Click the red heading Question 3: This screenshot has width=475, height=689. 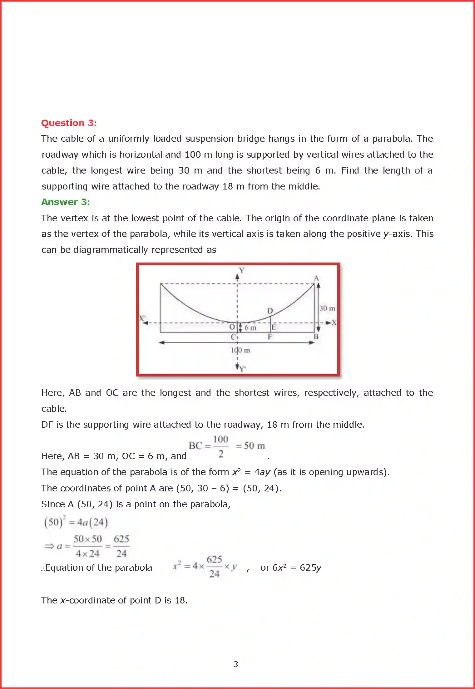pyautogui.click(x=69, y=123)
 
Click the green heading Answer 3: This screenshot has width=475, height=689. pyautogui.click(x=66, y=202)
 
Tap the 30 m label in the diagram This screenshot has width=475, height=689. pyautogui.click(x=327, y=308)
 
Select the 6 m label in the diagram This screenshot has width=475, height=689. pyautogui.click(x=250, y=328)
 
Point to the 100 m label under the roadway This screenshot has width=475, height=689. pyautogui.click(x=240, y=350)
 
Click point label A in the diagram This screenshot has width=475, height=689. pyautogui.click(x=316, y=278)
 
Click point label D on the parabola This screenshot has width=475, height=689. pyautogui.click(x=270, y=311)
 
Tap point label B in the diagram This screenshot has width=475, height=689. pyautogui.click(x=316, y=337)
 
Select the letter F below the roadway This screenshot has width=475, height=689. pyautogui.click(x=270, y=337)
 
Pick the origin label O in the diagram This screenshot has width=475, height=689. pyautogui.click(x=232, y=327)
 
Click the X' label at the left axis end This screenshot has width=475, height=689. pyautogui.click(x=142, y=318)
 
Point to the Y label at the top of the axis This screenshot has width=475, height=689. pyautogui.click(x=241, y=270)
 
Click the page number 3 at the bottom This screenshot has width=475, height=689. pyautogui.click(x=235, y=664)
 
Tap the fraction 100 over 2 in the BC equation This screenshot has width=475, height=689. pyautogui.click(x=220, y=446)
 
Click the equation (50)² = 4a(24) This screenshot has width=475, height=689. pyautogui.click(x=76, y=522)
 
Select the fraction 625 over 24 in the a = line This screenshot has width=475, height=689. pyautogui.click(x=121, y=546)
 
